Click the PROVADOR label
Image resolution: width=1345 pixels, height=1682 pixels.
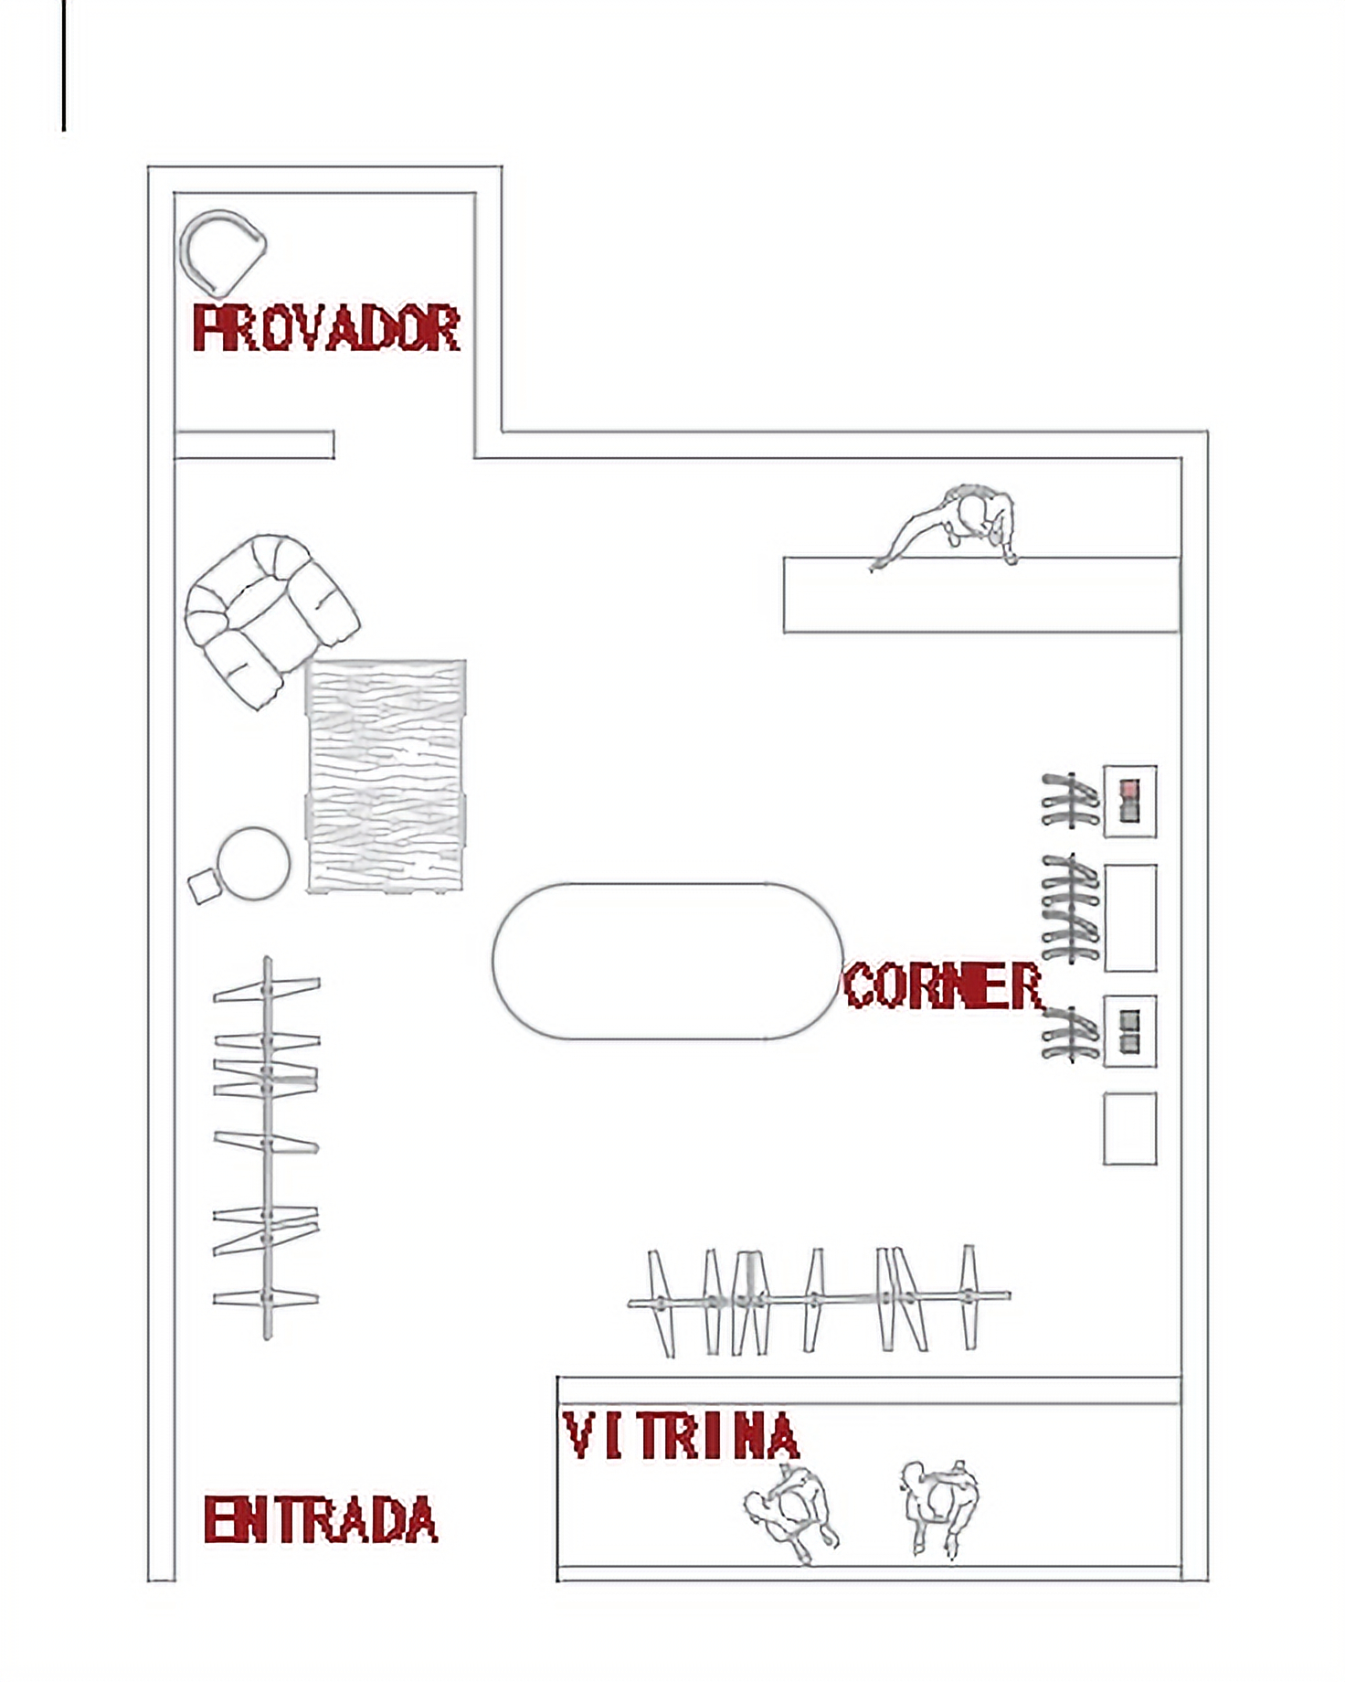click(x=326, y=328)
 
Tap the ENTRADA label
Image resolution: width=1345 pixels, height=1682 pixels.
click(x=321, y=1519)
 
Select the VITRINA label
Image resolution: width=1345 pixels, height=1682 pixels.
click(x=682, y=1435)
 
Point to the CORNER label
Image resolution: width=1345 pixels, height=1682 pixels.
click(x=942, y=985)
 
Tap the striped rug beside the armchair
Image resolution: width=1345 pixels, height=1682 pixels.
click(x=386, y=775)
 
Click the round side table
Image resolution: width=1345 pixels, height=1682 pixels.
click(x=253, y=864)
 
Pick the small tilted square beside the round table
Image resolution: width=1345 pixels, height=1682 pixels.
click(x=205, y=886)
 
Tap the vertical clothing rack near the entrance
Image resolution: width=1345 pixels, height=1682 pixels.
click(x=267, y=1147)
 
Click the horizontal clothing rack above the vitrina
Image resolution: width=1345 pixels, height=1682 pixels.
click(x=819, y=1298)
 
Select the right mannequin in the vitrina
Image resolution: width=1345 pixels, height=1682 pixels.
click(x=941, y=1507)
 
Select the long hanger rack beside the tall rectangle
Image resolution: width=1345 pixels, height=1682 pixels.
click(x=1071, y=910)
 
